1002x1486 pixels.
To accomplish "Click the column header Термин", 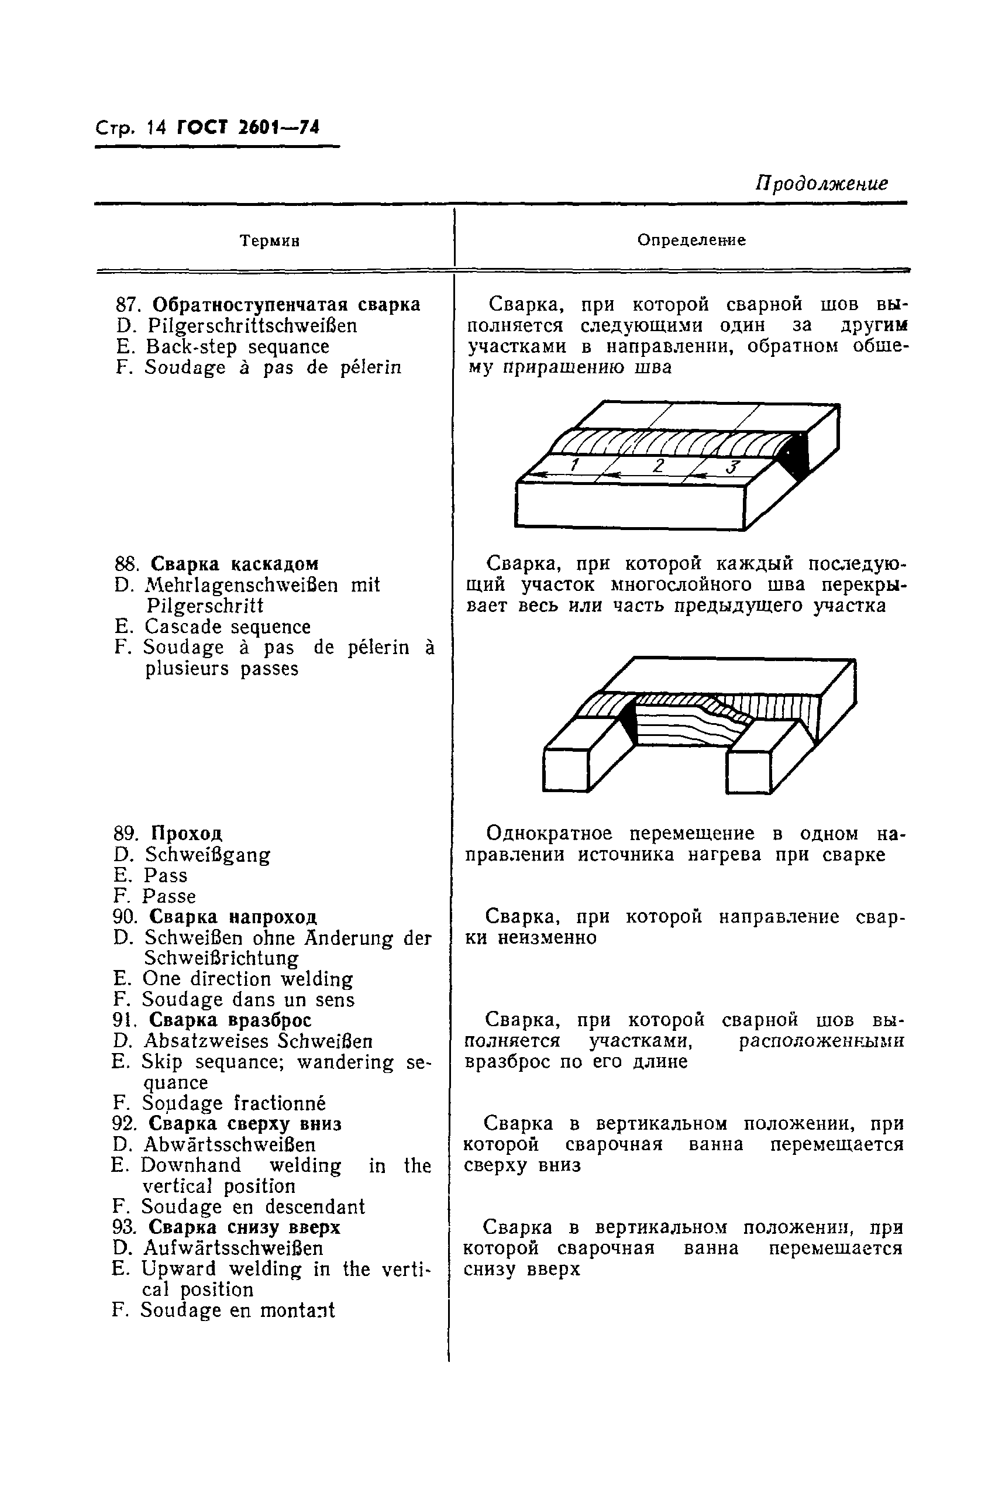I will [x=270, y=241].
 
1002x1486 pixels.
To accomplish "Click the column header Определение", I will [x=691, y=240].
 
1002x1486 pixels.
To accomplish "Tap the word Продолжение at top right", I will [x=821, y=184].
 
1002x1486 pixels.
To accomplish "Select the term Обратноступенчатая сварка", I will [x=286, y=304].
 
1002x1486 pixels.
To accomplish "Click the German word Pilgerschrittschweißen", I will [x=253, y=326].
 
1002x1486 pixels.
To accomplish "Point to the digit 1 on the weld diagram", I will [x=574, y=465].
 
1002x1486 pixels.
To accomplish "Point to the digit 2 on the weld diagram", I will [x=658, y=465].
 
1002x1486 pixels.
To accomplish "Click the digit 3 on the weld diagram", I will [x=732, y=467].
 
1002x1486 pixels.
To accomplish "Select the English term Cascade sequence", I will [x=228, y=627].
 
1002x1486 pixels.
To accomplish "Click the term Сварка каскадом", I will [x=235, y=565].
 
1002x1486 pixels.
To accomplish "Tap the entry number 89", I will [x=125, y=834].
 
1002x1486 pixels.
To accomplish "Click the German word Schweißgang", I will [x=208, y=855].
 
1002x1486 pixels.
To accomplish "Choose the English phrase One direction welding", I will [x=247, y=979].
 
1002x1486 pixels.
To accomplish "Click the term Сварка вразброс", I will [x=230, y=1020].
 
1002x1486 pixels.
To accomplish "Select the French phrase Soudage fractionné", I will [x=233, y=1103].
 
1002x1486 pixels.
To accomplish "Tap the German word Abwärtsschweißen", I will [x=229, y=1145].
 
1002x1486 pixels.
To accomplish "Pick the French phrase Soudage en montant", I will [x=237, y=1310].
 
